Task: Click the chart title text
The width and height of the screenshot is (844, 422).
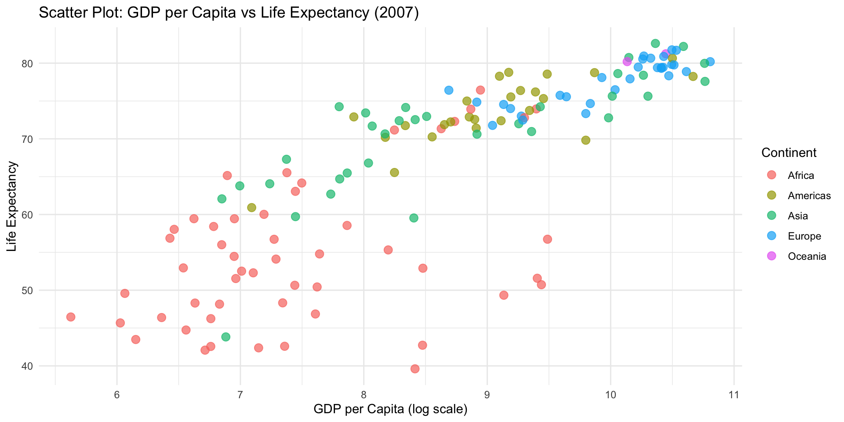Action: [x=229, y=13]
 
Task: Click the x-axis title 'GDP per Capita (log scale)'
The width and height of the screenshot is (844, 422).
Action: [x=390, y=409]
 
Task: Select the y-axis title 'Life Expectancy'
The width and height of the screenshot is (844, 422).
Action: [x=12, y=207]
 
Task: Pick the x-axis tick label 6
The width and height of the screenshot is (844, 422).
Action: [x=116, y=395]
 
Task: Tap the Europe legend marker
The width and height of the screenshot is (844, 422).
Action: [x=771, y=236]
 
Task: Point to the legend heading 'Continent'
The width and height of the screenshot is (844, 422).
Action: [x=789, y=153]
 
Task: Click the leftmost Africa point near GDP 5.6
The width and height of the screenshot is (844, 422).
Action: [x=71, y=317]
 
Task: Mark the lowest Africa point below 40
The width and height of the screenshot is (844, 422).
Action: [x=415, y=369]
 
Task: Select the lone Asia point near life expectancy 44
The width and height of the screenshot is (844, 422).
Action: [x=226, y=337]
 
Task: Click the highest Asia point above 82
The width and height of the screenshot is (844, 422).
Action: [x=655, y=44]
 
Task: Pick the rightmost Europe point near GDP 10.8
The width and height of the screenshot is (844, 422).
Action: [x=710, y=62]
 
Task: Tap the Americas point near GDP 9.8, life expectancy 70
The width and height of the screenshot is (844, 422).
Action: [x=586, y=140]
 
